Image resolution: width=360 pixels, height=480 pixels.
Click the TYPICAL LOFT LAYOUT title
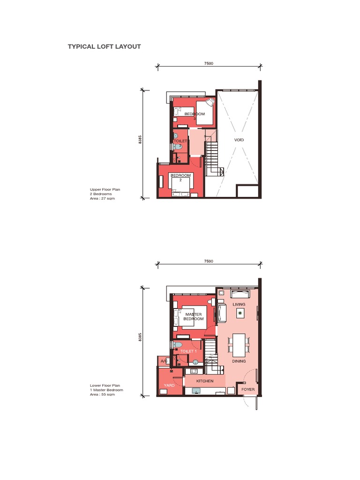tap(104, 47)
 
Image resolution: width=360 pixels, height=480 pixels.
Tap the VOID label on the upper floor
tap(239, 140)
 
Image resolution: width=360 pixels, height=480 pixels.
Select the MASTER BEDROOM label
tap(194, 316)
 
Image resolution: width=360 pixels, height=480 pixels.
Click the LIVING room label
tap(239, 304)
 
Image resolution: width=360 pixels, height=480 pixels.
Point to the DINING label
tap(239, 361)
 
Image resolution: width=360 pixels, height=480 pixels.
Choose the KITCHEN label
tap(205, 381)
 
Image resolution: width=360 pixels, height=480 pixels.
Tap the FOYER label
tap(247, 390)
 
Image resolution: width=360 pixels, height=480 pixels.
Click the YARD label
tap(169, 385)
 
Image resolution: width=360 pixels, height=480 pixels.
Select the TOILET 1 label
tap(188, 351)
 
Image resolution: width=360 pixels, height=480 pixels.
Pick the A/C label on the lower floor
tap(164, 361)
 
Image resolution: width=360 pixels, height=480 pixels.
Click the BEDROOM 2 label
tap(180, 177)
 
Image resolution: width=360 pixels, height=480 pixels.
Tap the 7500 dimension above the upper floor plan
tap(209, 63)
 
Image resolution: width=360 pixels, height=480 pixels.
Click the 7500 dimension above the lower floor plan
tap(209, 261)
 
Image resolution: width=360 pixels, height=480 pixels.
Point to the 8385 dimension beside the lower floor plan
tap(140, 337)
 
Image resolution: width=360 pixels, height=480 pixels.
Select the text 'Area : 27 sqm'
tap(102, 199)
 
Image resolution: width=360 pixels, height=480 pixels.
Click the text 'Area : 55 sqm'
tap(102, 395)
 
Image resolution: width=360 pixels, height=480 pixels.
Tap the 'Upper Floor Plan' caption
tap(105, 189)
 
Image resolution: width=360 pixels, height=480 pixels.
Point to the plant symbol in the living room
tap(240, 313)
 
